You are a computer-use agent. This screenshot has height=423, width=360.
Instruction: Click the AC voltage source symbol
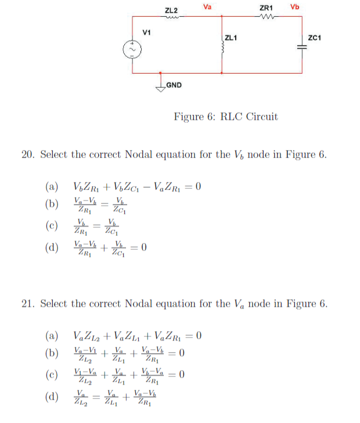pyautogui.click(x=133, y=50)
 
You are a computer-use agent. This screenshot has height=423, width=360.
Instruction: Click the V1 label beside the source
pyautogui.click(x=147, y=31)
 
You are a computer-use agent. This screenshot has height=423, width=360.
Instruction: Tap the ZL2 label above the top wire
pyautogui.click(x=171, y=10)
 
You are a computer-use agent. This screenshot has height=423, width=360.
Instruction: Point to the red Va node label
pyautogui.click(x=207, y=7)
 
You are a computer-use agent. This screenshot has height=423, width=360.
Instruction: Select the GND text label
pyautogui.click(x=174, y=86)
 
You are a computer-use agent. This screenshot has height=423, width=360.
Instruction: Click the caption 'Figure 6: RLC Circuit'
pyautogui.click(x=225, y=117)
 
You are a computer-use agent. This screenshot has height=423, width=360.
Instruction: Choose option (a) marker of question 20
pyautogui.click(x=52, y=187)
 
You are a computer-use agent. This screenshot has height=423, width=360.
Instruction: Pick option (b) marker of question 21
pyautogui.click(x=52, y=353)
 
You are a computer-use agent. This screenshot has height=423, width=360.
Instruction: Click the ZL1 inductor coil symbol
pyautogui.click(x=222, y=50)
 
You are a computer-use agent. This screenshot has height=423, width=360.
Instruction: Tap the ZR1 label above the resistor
pyautogui.click(x=267, y=8)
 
